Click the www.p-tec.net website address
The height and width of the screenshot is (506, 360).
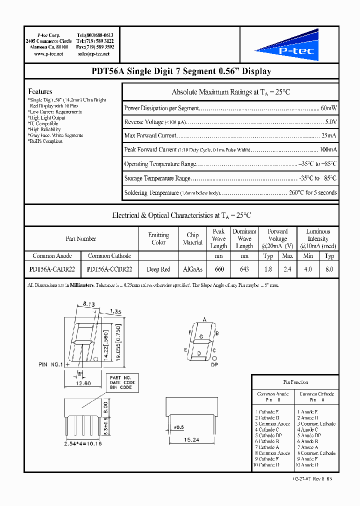(x=48, y=53)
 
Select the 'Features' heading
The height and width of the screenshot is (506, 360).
(x=40, y=91)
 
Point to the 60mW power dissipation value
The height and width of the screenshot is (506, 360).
(x=328, y=108)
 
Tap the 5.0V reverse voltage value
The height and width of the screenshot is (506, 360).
(x=331, y=122)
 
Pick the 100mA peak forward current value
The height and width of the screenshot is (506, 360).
(x=328, y=149)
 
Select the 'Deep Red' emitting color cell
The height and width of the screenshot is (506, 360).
(x=158, y=269)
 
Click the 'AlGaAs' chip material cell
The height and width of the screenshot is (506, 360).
(x=192, y=269)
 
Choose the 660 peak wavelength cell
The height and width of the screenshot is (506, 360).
(x=219, y=269)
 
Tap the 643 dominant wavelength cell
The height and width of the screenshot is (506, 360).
(x=244, y=269)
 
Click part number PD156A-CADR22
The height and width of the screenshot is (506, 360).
(x=52, y=269)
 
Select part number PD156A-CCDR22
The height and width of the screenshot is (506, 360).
(x=109, y=269)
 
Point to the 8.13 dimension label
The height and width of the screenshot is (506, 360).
(x=88, y=303)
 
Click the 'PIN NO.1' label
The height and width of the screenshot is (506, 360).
(x=50, y=364)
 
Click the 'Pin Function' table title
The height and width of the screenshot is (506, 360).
(x=295, y=382)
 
